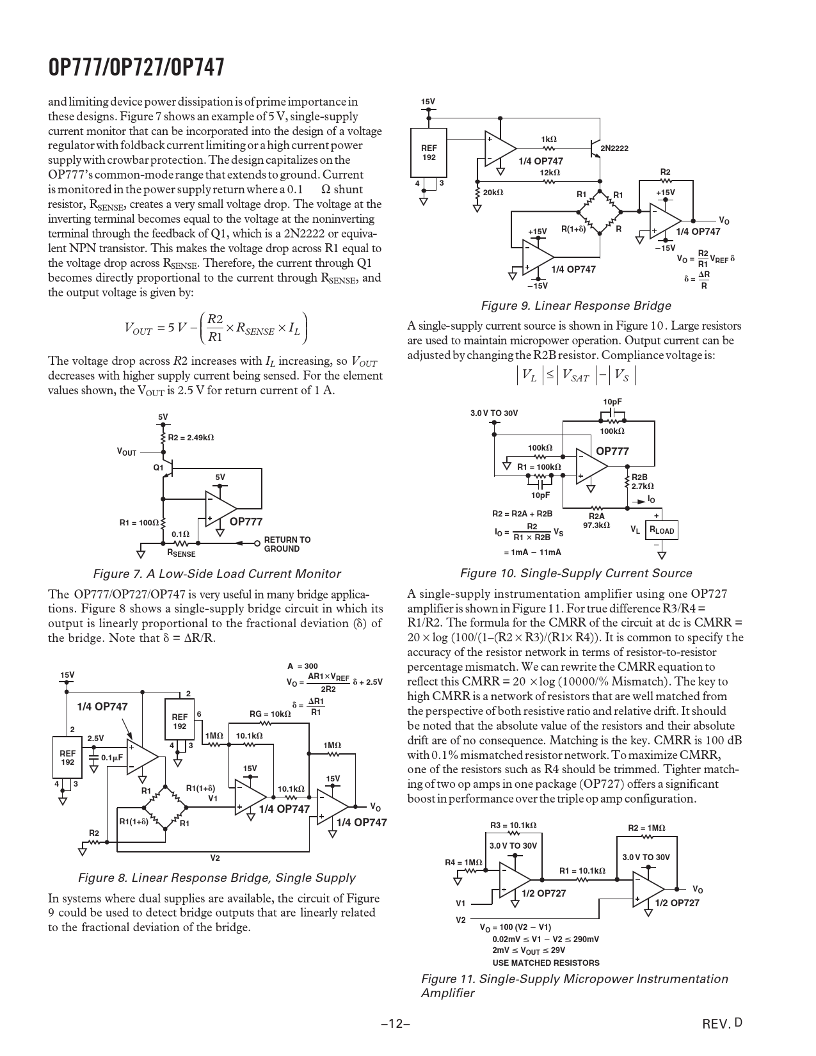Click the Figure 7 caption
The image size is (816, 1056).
click(217, 574)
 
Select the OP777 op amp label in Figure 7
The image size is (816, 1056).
click(246, 522)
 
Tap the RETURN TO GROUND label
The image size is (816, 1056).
click(287, 544)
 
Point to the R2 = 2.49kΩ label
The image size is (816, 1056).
click(191, 438)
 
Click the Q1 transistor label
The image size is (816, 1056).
click(158, 468)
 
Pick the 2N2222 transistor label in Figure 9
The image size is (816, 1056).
click(614, 148)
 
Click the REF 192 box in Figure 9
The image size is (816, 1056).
click(429, 152)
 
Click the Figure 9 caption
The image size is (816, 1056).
click(575, 306)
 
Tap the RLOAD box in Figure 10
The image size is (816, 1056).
click(662, 530)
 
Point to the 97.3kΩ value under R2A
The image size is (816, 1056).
click(596, 525)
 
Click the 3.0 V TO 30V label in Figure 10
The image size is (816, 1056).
click(493, 413)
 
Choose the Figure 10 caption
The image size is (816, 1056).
click(576, 573)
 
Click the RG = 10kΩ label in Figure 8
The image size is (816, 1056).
click(269, 714)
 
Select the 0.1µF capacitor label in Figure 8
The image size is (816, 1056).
click(112, 757)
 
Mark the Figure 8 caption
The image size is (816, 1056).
click(216, 878)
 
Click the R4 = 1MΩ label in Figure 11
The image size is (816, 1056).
click(463, 863)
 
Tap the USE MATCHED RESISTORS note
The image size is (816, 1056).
click(545, 963)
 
